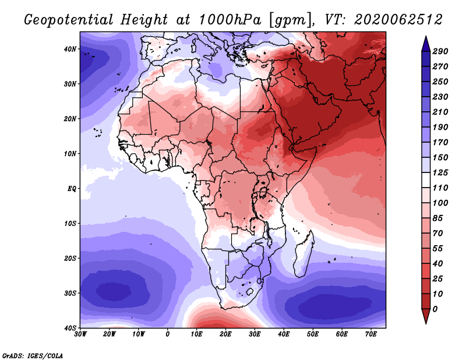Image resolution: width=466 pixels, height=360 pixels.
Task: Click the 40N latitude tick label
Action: tap(70, 49)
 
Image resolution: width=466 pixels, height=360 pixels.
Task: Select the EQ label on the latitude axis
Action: tap(72, 189)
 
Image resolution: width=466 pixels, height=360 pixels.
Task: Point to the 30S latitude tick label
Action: tap(70, 293)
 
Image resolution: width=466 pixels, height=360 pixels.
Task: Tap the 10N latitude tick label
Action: tap(70, 154)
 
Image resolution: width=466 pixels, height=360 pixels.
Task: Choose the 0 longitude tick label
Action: tap(168, 334)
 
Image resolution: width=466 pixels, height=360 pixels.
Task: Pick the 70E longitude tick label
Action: tap(370, 334)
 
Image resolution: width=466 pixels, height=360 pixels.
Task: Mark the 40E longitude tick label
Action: tap(283, 334)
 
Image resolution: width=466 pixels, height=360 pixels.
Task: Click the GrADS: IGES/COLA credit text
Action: tap(33, 355)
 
